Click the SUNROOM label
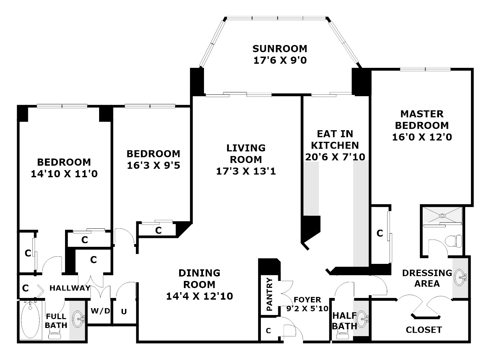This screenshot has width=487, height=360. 280,49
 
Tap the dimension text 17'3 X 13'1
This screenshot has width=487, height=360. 246,171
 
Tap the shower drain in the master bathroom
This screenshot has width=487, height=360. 442,216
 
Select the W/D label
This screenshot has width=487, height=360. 100,311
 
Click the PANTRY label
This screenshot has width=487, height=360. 269,295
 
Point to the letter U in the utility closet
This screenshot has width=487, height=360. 124,312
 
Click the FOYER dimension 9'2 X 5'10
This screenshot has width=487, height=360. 307,309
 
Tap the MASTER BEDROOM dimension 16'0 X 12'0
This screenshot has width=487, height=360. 422,137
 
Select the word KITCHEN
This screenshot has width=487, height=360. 335,145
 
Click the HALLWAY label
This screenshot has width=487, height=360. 70,288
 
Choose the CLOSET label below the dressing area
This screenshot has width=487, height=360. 424,330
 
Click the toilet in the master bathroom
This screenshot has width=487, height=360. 454,241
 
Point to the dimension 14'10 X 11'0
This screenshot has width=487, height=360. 64,174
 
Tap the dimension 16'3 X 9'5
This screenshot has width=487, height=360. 154,165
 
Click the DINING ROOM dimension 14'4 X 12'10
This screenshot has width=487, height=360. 199,296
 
